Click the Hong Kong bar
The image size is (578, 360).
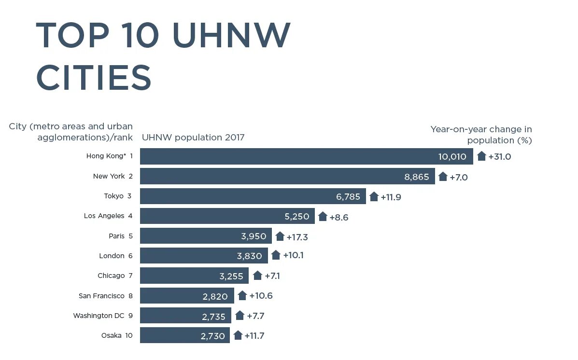pyautogui.click(x=306, y=156)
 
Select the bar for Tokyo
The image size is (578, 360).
pyautogui.click(x=253, y=196)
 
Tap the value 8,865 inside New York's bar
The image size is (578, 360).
pyautogui.click(x=416, y=177)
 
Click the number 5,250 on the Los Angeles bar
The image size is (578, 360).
pyautogui.click(x=296, y=217)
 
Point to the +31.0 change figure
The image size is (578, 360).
pyautogui.click(x=499, y=157)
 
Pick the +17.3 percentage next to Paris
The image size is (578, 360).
pyautogui.click(x=297, y=237)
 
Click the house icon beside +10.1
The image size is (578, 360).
pyautogui.click(x=276, y=255)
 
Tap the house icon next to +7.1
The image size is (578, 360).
pyautogui.click(x=257, y=275)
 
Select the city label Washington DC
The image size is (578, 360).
pyautogui.click(x=99, y=316)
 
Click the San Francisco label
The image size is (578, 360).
pyautogui.click(x=101, y=296)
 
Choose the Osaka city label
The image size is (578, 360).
pyautogui.click(x=111, y=335)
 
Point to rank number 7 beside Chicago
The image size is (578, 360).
pyautogui.click(x=130, y=276)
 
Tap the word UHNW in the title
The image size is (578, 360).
pyautogui.click(x=231, y=35)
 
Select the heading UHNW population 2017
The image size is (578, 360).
pyautogui.click(x=193, y=138)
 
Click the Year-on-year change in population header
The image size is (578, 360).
pyautogui.click(x=481, y=135)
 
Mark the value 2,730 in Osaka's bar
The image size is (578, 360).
pyautogui.click(x=212, y=336)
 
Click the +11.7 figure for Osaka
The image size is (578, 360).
pyautogui.click(x=254, y=336)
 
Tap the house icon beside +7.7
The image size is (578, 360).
pyautogui.click(x=240, y=315)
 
